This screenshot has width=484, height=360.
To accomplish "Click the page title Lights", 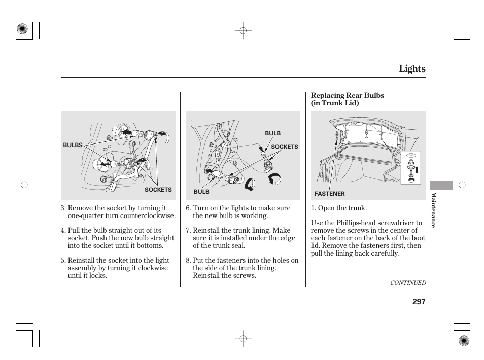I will tap(411, 69).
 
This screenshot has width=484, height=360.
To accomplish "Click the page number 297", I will tap(419, 301).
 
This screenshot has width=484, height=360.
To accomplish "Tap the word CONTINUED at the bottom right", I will tap(407, 283).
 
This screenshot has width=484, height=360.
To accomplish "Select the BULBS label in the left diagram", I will tap(73, 145).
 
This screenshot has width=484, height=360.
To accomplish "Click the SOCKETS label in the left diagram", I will tap(158, 190).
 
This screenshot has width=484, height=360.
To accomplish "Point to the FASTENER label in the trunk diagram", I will tap(329, 194).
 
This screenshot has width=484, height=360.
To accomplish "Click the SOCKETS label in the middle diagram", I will tap(284, 147).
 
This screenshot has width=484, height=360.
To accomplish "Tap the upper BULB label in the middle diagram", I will tap(272, 133).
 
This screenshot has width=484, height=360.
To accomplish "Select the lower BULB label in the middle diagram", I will tap(201, 192).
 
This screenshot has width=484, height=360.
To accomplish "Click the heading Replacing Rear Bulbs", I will tap(347, 95).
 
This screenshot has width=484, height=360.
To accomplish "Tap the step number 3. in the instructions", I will tap(63, 208).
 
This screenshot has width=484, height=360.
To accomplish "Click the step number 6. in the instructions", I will tap(188, 208).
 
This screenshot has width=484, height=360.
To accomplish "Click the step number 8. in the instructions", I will tap(188, 260).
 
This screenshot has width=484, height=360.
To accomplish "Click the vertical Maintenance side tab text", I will tap(433, 209).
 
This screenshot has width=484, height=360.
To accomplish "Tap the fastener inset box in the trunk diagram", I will tap(411, 167).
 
